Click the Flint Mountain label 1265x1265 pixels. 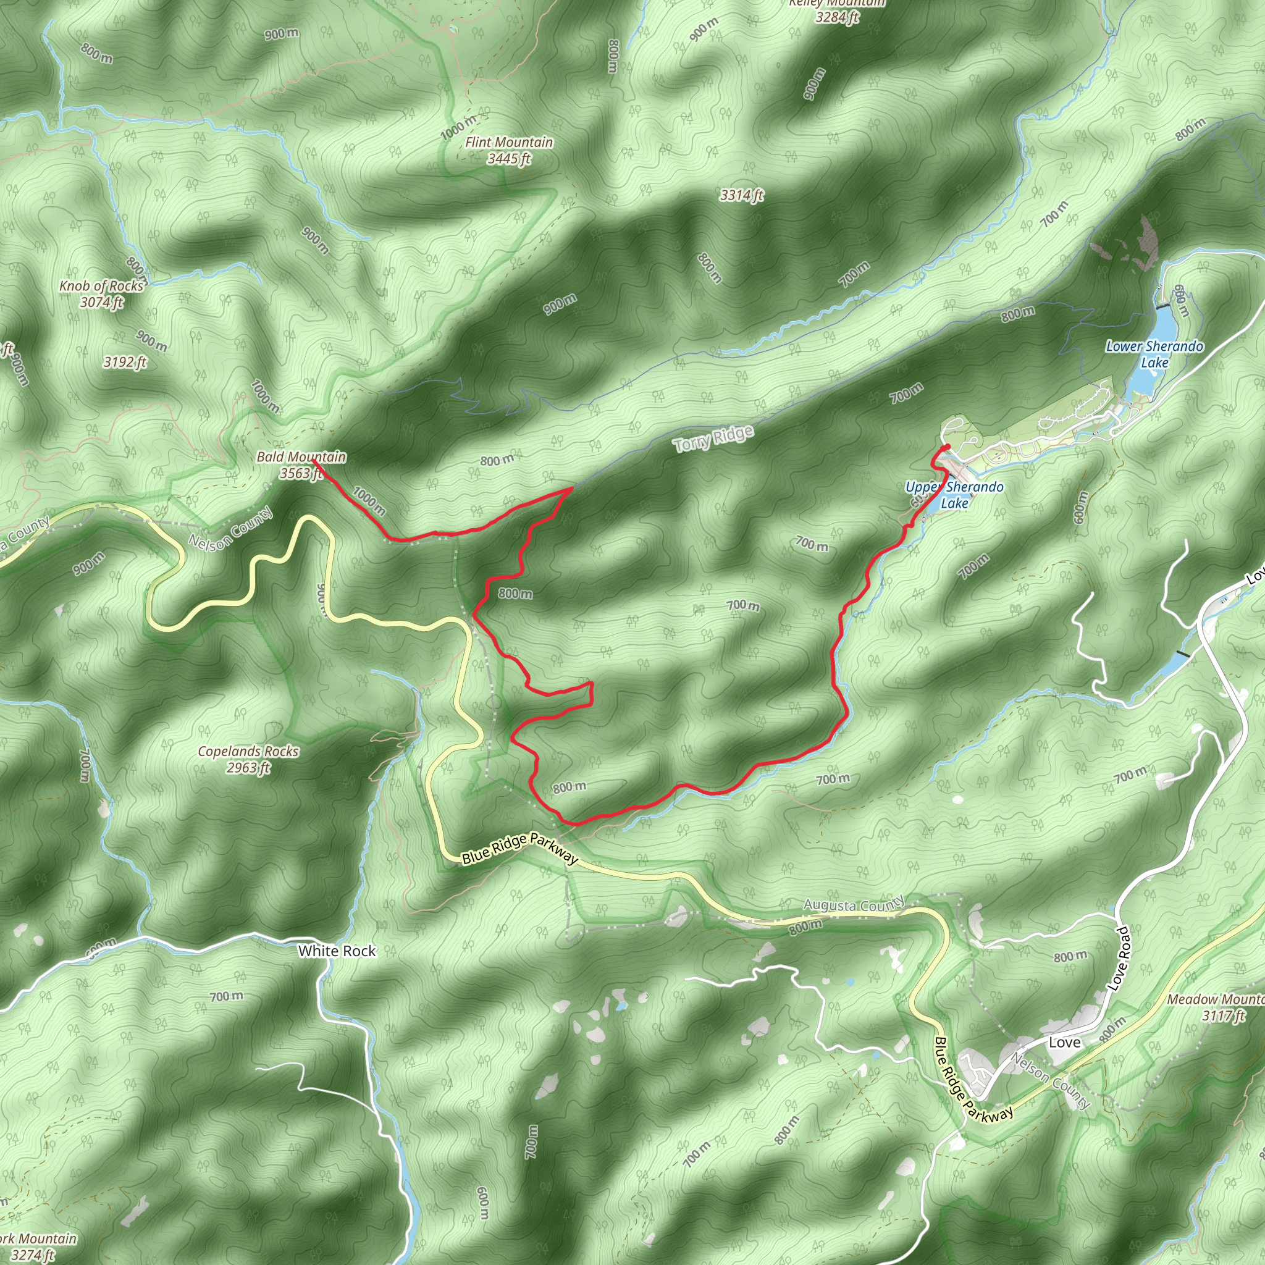pyautogui.click(x=509, y=150)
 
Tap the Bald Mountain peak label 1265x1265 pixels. pyautogui.click(x=301, y=464)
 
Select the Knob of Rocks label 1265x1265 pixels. pyautogui.click(x=101, y=294)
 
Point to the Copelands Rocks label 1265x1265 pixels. pyautogui.click(x=248, y=759)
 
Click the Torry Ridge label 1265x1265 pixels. pyautogui.click(x=713, y=438)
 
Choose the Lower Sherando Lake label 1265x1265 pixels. pyautogui.click(x=1154, y=354)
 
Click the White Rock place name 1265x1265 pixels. pyautogui.click(x=337, y=951)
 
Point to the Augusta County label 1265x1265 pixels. pyautogui.click(x=854, y=904)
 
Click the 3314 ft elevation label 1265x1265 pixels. pyautogui.click(x=741, y=195)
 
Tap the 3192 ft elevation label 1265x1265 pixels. pyautogui.click(x=124, y=362)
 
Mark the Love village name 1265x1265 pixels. pyautogui.click(x=1064, y=1043)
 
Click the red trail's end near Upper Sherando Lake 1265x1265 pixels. pyautogui.click(x=948, y=447)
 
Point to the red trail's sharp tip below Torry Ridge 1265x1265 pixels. pyautogui.click(x=571, y=489)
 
